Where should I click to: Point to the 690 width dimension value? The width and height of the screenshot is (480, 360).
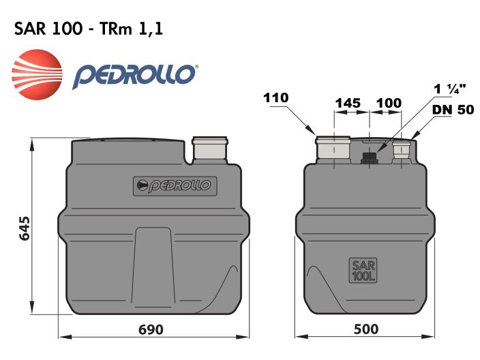coord(151,330)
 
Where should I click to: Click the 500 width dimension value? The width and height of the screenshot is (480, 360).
coord(365,330)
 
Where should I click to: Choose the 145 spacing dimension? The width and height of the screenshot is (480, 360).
coord(348,103)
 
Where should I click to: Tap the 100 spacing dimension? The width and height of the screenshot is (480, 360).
coord(389,103)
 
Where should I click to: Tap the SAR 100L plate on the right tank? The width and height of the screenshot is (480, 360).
coord(363,270)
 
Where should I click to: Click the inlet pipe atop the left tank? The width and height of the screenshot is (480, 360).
coord(209,148)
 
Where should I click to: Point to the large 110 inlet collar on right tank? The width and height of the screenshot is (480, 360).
coord(332,149)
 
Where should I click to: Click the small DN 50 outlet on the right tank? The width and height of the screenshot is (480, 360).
coord(401,151)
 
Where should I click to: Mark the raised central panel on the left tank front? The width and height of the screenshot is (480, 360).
coord(155,266)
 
